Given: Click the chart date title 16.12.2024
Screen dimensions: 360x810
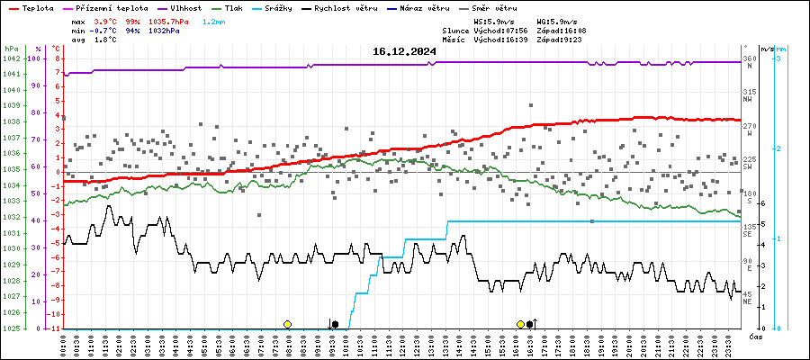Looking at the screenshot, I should pyautogui.click(x=404, y=51).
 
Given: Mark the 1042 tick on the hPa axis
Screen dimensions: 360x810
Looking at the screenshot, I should pyautogui.click(x=12, y=58).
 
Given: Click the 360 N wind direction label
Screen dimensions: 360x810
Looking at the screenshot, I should pyautogui.click(x=748, y=62).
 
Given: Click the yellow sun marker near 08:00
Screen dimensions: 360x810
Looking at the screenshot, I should pyautogui.click(x=287, y=324).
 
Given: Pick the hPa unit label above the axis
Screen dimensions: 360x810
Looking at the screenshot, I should pyautogui.click(x=11, y=49).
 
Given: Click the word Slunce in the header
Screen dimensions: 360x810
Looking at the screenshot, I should pyautogui.click(x=457, y=30).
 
